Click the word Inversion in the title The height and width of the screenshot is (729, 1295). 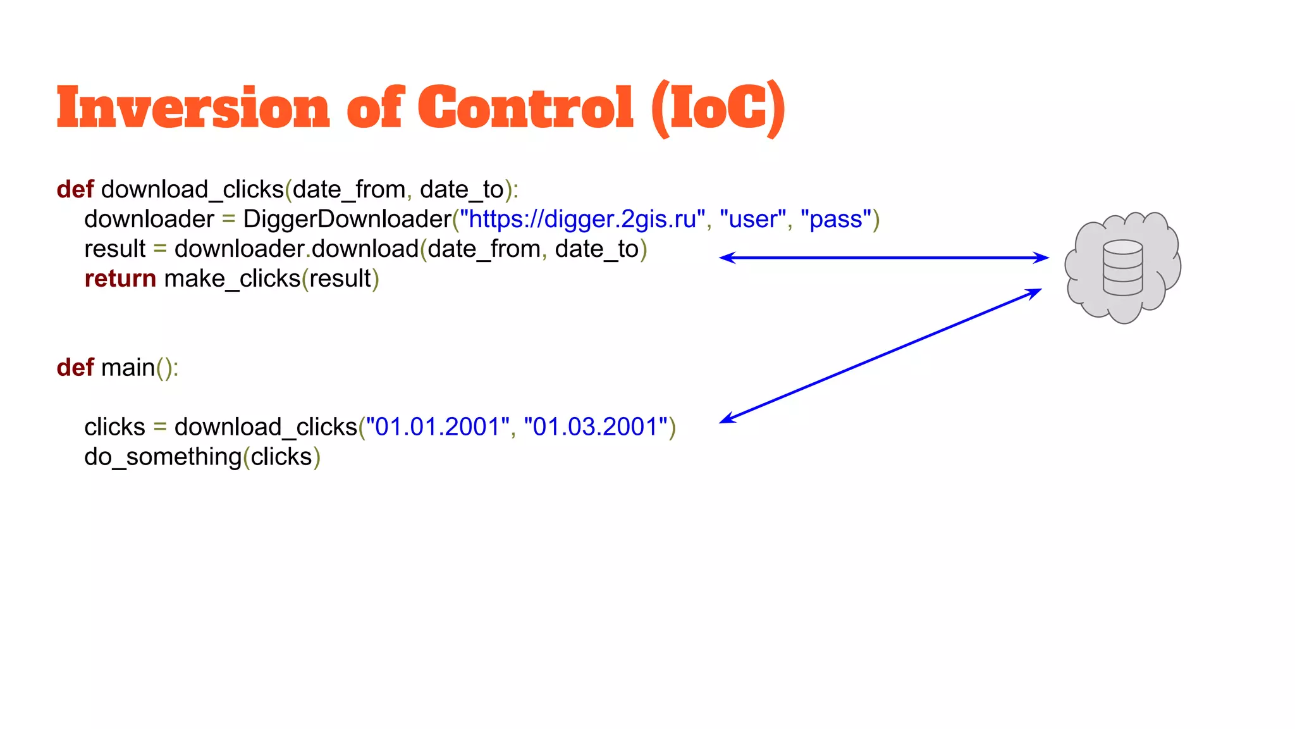[193, 108]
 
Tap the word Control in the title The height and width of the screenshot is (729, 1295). [525, 108]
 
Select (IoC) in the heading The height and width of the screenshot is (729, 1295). [718, 109]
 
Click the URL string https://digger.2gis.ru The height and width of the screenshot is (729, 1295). [582, 219]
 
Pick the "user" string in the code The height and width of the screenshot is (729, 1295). [752, 219]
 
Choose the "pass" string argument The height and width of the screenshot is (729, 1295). [836, 219]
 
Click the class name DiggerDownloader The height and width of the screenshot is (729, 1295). [347, 219]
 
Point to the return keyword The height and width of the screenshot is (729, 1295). [120, 278]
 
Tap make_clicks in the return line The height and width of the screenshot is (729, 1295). [232, 278]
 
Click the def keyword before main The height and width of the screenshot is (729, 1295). [75, 367]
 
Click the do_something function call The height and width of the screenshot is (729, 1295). [163, 456]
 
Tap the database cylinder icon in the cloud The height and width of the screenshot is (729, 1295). [1122, 268]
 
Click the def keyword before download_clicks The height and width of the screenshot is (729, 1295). [75, 189]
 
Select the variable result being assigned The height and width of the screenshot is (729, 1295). [114, 249]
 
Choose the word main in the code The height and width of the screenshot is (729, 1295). [128, 367]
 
